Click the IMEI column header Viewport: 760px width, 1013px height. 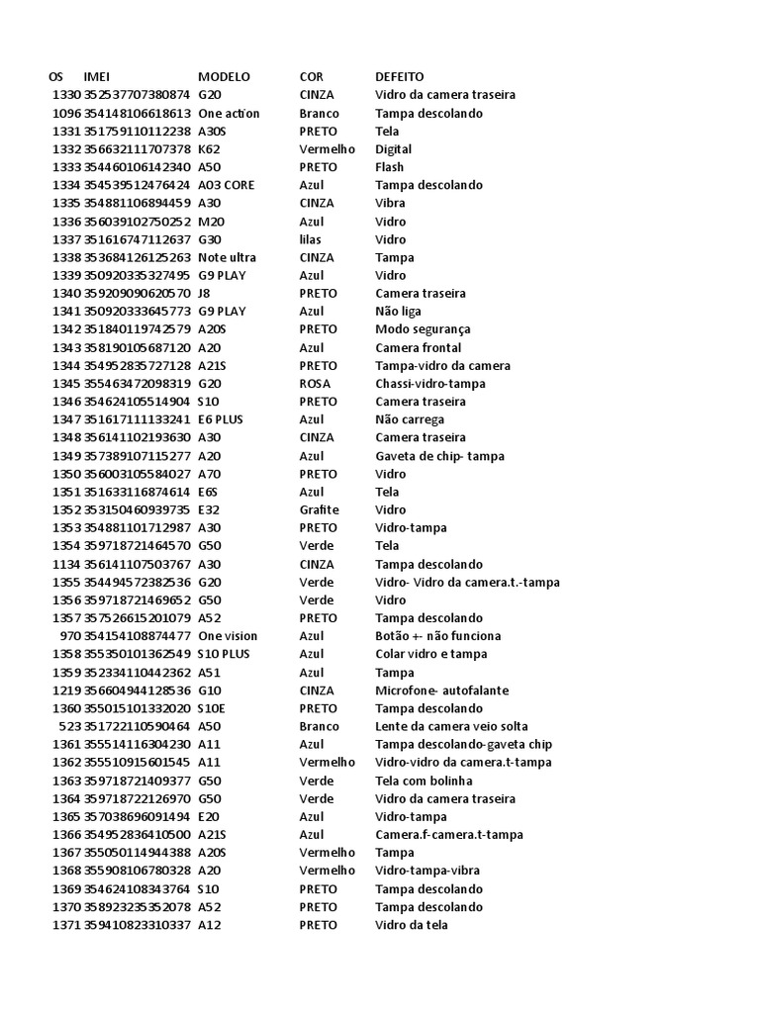pyautogui.click(x=97, y=76)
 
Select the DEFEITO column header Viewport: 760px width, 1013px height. pyautogui.click(x=400, y=76)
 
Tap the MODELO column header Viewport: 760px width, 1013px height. pyautogui.click(x=224, y=76)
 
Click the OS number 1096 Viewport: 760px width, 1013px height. pyautogui.click(x=66, y=113)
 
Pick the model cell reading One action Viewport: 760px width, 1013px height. pyautogui.click(x=229, y=113)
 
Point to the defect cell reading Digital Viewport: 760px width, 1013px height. pyautogui.click(x=394, y=149)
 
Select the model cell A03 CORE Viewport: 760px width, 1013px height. pyautogui.click(x=228, y=185)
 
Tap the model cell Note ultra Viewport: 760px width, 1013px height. pyautogui.click(x=229, y=257)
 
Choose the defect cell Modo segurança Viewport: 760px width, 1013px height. pyautogui.click(x=423, y=329)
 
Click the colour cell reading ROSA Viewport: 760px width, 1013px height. pyautogui.click(x=316, y=384)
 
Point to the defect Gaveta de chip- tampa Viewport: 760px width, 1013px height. pyautogui.click(x=439, y=456)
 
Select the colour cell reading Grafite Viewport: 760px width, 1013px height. pyautogui.click(x=319, y=509)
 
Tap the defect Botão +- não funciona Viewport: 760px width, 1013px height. pyautogui.click(x=437, y=636)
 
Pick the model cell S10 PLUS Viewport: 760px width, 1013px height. pyautogui.click(x=224, y=654)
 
